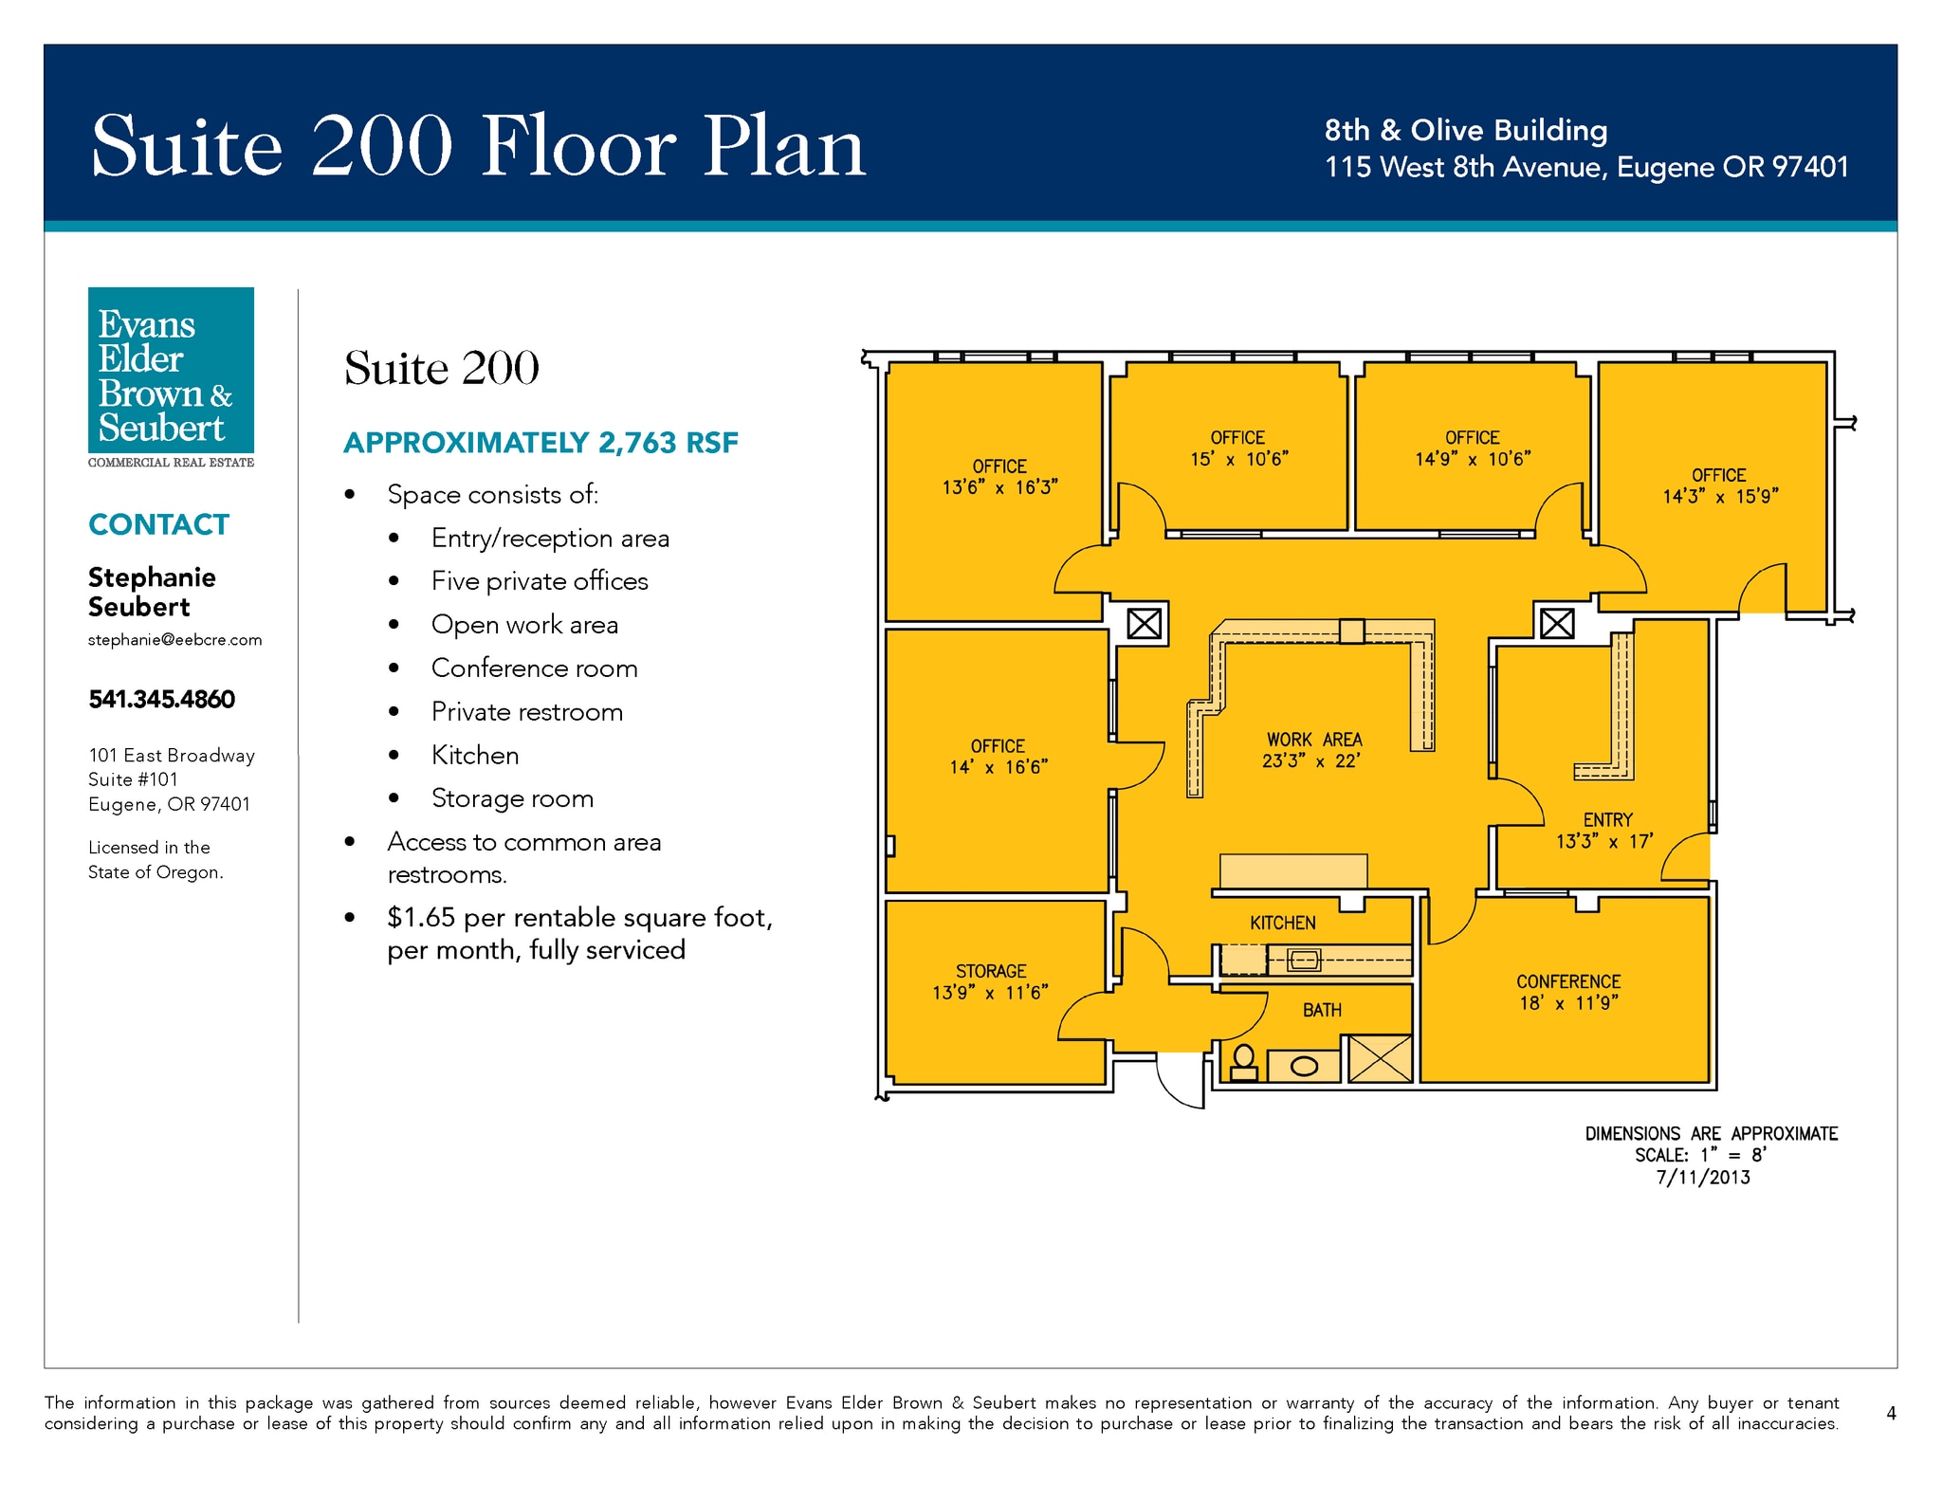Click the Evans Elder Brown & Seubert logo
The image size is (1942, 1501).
(171, 377)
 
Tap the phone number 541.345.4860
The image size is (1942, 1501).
(161, 700)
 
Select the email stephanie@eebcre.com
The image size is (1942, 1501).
(174, 640)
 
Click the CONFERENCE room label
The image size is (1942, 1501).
(1568, 981)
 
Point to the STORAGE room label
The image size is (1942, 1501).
(991, 971)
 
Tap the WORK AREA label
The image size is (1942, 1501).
(1314, 740)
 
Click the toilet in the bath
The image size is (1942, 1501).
(1243, 1063)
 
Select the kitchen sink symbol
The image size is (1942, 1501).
(1304, 961)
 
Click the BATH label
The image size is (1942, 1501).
(1322, 1010)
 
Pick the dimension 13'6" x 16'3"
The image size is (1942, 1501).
(999, 487)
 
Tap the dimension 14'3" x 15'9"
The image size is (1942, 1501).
(1720, 496)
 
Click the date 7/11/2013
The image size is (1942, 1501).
(1703, 1178)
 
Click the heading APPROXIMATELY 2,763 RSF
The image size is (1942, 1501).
(540, 443)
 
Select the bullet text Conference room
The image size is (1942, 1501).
(534, 668)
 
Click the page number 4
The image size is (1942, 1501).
(1891, 1413)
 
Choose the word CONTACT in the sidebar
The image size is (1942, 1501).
(158, 524)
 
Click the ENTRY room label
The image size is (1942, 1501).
(1608, 819)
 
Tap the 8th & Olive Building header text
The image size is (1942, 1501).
(1466, 130)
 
